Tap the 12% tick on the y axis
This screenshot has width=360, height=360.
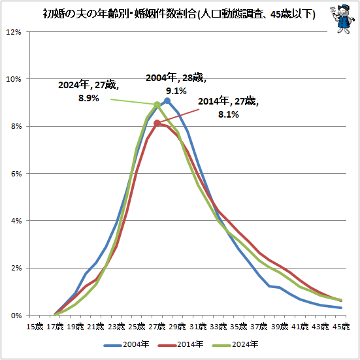tap(14, 32)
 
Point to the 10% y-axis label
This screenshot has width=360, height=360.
tap(14, 79)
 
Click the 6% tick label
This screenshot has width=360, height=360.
tap(16, 174)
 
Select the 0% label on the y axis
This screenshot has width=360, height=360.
tap(16, 315)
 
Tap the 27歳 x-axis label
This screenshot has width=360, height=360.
tap(157, 326)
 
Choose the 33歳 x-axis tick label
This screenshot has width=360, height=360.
tap(219, 326)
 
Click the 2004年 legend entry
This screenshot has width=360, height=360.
tap(129, 344)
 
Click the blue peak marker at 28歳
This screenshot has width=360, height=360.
tap(167, 101)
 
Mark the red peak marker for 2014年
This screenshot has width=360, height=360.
tap(157, 123)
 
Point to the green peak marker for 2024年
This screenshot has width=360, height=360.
tap(157, 105)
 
